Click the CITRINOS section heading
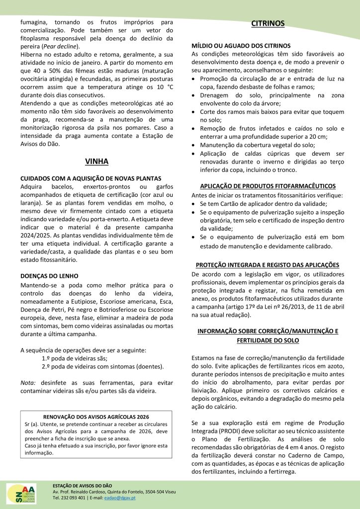tap(268, 23)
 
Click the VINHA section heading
tap(96, 161)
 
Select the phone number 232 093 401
tap(76, 498)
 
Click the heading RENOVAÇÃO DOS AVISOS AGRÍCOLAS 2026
tap(96, 416)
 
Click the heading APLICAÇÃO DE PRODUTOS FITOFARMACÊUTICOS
tap(268, 186)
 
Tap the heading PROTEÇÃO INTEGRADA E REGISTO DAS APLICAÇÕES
tap(268, 264)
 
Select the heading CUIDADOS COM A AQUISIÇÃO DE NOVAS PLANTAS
tap(90, 178)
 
